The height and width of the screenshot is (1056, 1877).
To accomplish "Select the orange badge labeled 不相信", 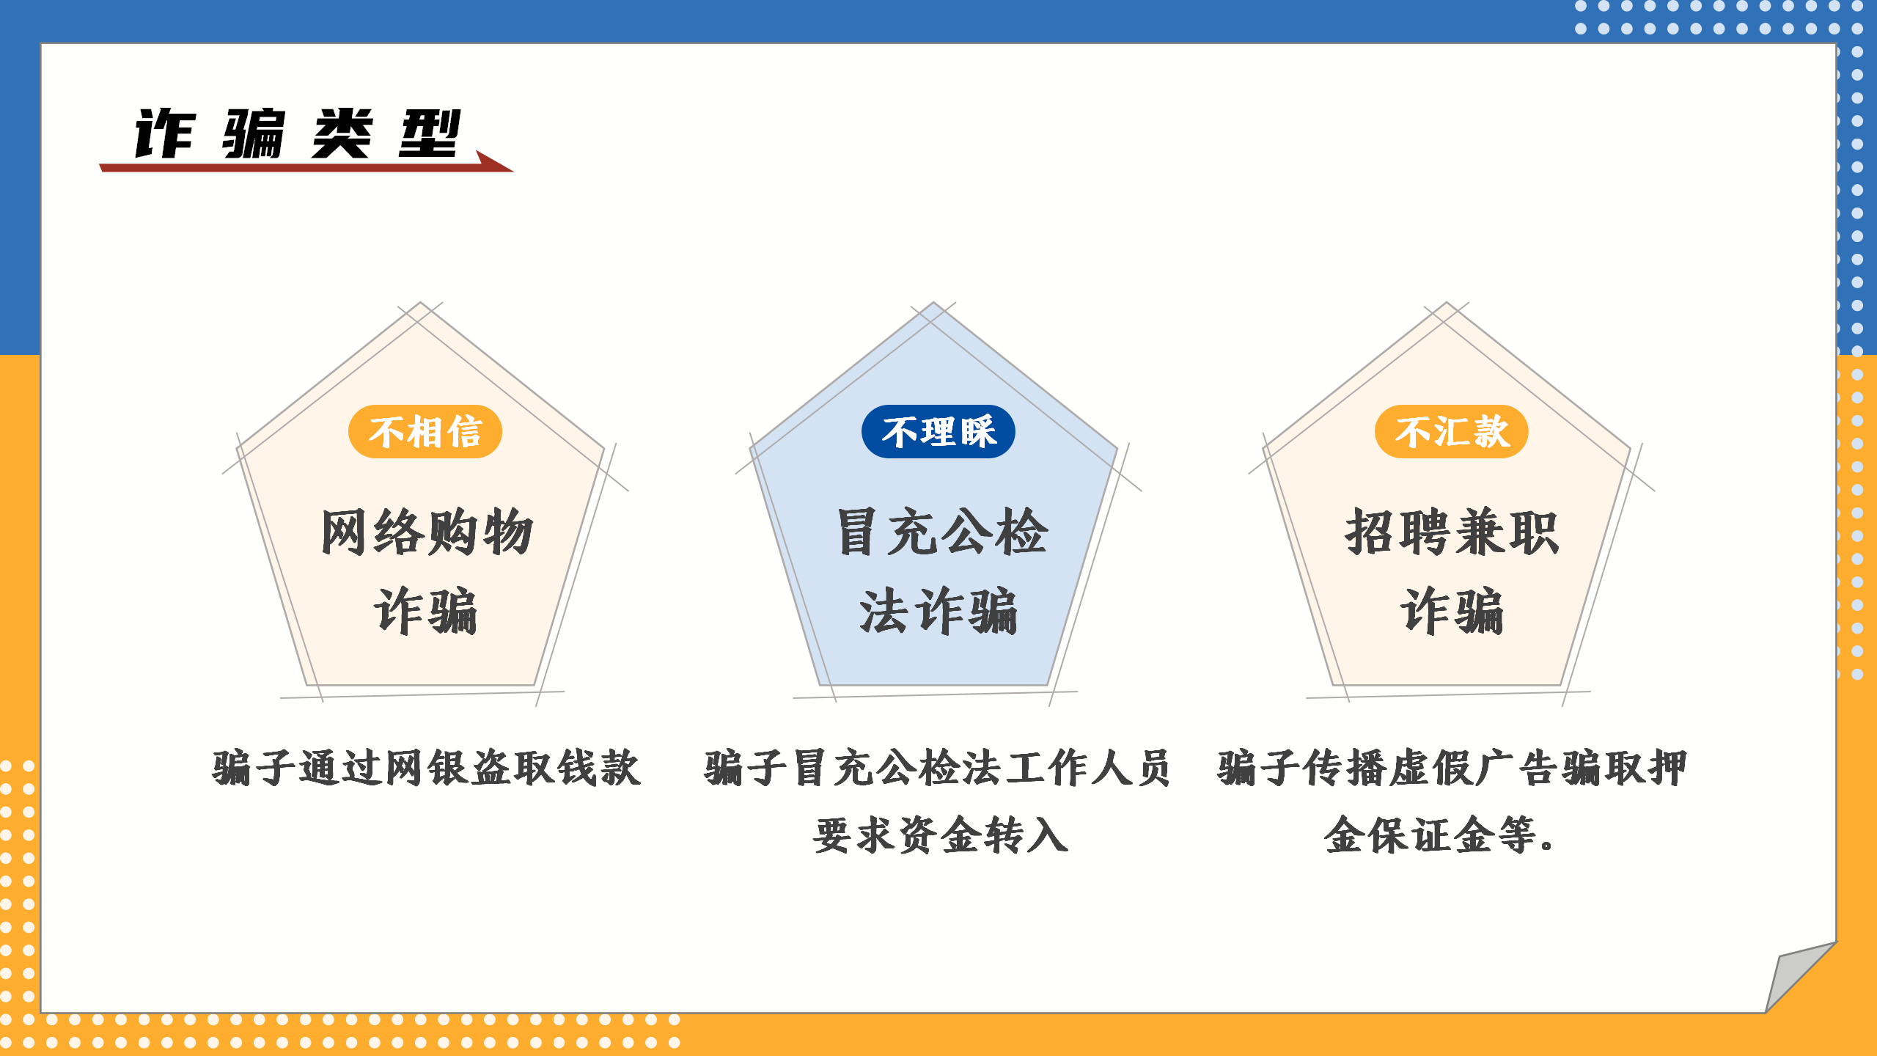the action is [425, 431].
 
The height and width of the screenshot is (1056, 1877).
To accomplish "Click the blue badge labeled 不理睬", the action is [938, 431].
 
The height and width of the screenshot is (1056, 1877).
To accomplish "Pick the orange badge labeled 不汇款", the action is [1452, 431].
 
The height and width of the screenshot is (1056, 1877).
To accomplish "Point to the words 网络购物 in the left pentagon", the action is [426, 532].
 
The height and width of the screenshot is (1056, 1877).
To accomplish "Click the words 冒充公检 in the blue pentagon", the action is [942, 532].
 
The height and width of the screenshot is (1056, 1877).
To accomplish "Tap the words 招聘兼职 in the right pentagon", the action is [1452, 532].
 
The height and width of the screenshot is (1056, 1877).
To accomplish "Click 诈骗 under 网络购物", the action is [426, 610].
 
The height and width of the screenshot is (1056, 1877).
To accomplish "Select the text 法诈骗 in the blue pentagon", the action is [938, 610].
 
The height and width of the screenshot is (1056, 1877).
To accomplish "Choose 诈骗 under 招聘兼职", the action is [1452, 610].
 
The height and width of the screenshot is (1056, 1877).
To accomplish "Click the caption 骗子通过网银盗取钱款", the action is [426, 768].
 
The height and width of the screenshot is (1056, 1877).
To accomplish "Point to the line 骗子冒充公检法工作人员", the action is [938, 768].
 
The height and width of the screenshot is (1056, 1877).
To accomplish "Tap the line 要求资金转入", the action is [941, 835].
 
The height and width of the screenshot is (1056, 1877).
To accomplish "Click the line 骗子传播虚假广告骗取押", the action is [1452, 768].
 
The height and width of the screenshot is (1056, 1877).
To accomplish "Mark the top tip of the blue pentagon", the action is [933, 302].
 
